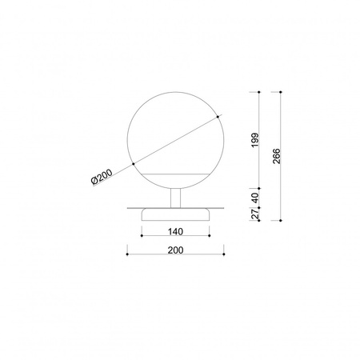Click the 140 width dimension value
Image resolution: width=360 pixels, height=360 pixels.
point(176,232)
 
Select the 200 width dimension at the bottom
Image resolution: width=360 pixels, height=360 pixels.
point(176,250)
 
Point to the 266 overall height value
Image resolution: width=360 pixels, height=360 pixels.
point(276,156)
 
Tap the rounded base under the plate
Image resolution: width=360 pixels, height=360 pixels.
point(176,214)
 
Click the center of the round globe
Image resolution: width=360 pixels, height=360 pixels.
point(176,141)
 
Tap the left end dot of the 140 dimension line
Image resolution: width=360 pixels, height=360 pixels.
point(142,238)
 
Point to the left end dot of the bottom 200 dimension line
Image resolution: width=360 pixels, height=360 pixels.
point(128,257)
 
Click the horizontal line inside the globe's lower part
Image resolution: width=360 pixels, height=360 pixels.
point(176,172)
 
